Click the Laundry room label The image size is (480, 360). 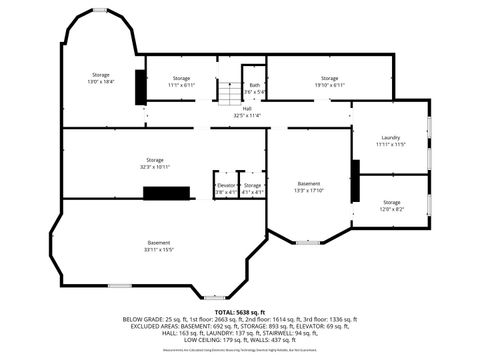[x=390, y=141]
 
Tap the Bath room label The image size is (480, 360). [x=254, y=88]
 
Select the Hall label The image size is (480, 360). [x=246, y=113]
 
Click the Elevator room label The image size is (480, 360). [x=225, y=187]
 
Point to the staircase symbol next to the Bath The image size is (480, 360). [x=231, y=94]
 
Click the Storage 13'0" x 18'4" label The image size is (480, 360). [x=101, y=78]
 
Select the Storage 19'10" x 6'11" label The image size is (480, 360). [x=329, y=81]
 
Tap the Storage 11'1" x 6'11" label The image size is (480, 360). [x=181, y=81]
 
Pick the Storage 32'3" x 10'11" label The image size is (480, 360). [x=154, y=163]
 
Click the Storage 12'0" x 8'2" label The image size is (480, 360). [x=391, y=206]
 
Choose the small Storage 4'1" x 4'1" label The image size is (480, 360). [x=252, y=187]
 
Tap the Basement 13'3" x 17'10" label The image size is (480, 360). [x=309, y=187]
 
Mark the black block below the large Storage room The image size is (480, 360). [x=166, y=192]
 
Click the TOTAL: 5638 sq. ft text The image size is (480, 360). [x=240, y=312]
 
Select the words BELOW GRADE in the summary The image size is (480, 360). [x=145, y=320]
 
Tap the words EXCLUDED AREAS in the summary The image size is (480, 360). [x=149, y=327]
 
